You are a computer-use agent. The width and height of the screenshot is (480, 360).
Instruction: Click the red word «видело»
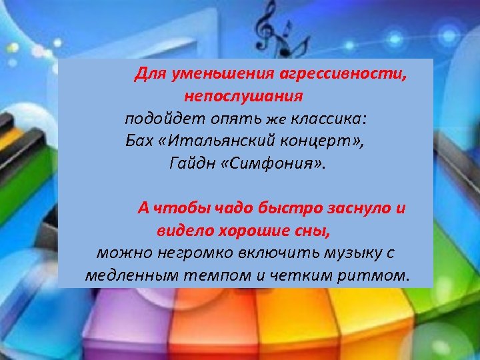[x=179, y=231]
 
